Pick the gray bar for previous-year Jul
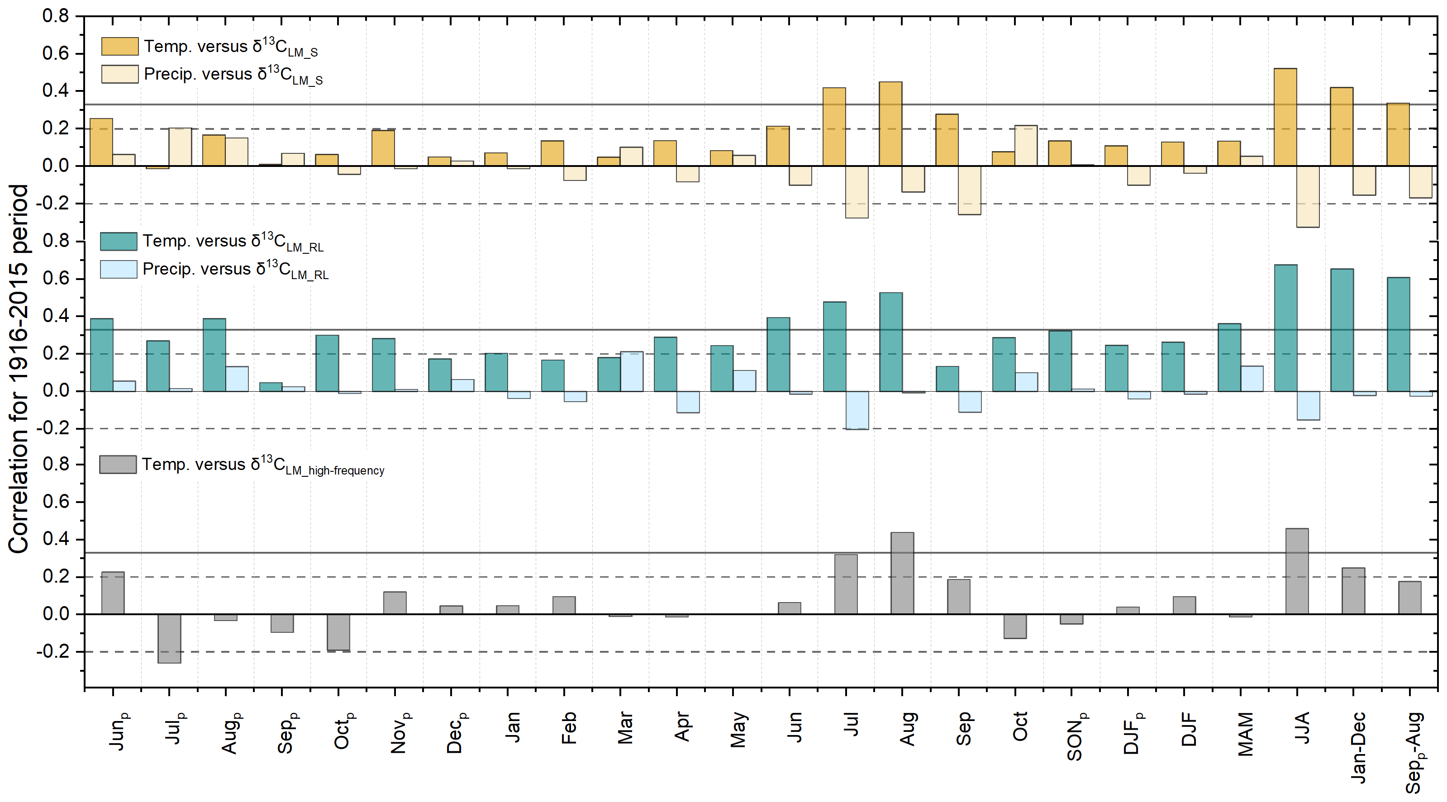pos(169,639)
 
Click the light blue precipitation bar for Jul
pos(857,410)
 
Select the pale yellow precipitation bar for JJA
pos(1308,197)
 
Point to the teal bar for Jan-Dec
pos(1342,330)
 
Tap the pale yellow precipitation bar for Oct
pos(1026,146)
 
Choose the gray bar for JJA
pos(1297,571)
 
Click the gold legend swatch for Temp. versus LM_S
pos(119,46)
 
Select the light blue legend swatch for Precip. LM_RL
pos(119,269)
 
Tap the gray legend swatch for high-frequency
pos(118,465)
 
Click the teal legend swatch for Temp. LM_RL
pos(119,241)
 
